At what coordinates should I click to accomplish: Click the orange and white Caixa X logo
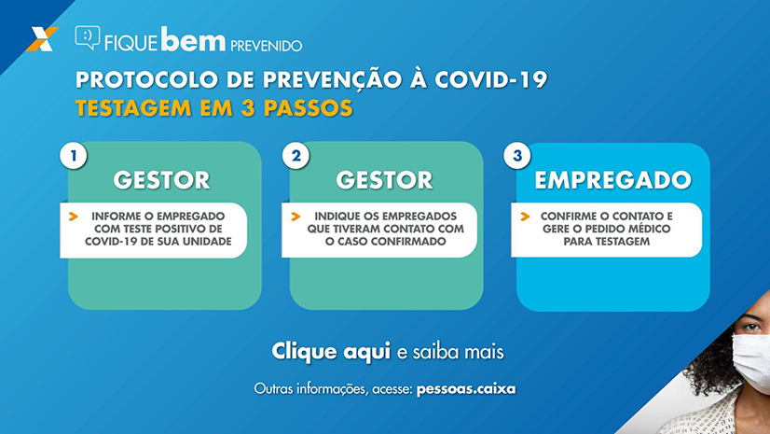click(42, 39)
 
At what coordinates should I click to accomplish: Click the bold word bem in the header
click(193, 39)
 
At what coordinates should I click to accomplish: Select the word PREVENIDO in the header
click(267, 46)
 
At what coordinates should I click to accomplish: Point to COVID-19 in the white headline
click(491, 79)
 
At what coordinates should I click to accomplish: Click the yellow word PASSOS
click(309, 108)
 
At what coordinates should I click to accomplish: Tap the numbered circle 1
click(74, 156)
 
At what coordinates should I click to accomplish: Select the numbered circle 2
click(296, 156)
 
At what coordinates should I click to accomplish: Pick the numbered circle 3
click(517, 156)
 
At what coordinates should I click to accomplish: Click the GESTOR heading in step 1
click(161, 180)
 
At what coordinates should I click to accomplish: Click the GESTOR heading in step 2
click(384, 180)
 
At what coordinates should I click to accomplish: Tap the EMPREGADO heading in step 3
click(612, 180)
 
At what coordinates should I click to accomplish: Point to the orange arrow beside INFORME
click(73, 217)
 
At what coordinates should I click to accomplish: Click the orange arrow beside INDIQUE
click(296, 217)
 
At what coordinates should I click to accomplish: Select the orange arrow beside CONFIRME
click(525, 217)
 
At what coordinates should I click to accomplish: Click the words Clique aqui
click(331, 352)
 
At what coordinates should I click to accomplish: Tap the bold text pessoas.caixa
click(466, 389)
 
